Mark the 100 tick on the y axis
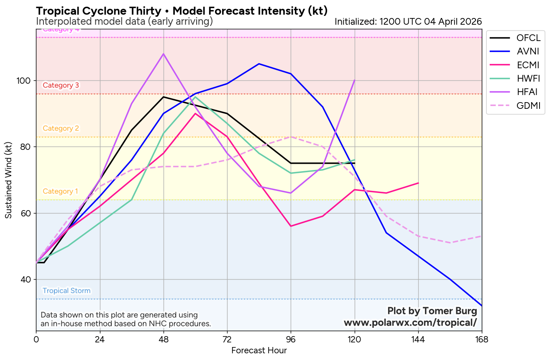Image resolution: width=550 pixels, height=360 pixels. tap(25, 80)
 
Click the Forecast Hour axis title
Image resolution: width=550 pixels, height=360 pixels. tap(259, 350)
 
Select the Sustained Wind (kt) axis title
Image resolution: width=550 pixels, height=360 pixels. tap(9, 180)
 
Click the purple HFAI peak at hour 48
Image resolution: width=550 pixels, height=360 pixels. tap(164, 54)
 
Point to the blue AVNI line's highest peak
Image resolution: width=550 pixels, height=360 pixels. tap(259, 64)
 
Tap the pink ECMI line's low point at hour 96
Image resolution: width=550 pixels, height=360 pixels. tap(291, 226)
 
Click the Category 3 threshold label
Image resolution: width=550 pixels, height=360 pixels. tap(61, 85)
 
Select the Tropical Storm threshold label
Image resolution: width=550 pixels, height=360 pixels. tap(67, 291)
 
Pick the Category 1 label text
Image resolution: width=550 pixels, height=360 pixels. tap(60, 191)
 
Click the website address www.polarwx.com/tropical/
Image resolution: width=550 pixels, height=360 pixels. tap(410, 323)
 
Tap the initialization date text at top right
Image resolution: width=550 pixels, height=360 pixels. tap(408, 21)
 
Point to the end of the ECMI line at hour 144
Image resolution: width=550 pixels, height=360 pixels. tap(418, 183)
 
